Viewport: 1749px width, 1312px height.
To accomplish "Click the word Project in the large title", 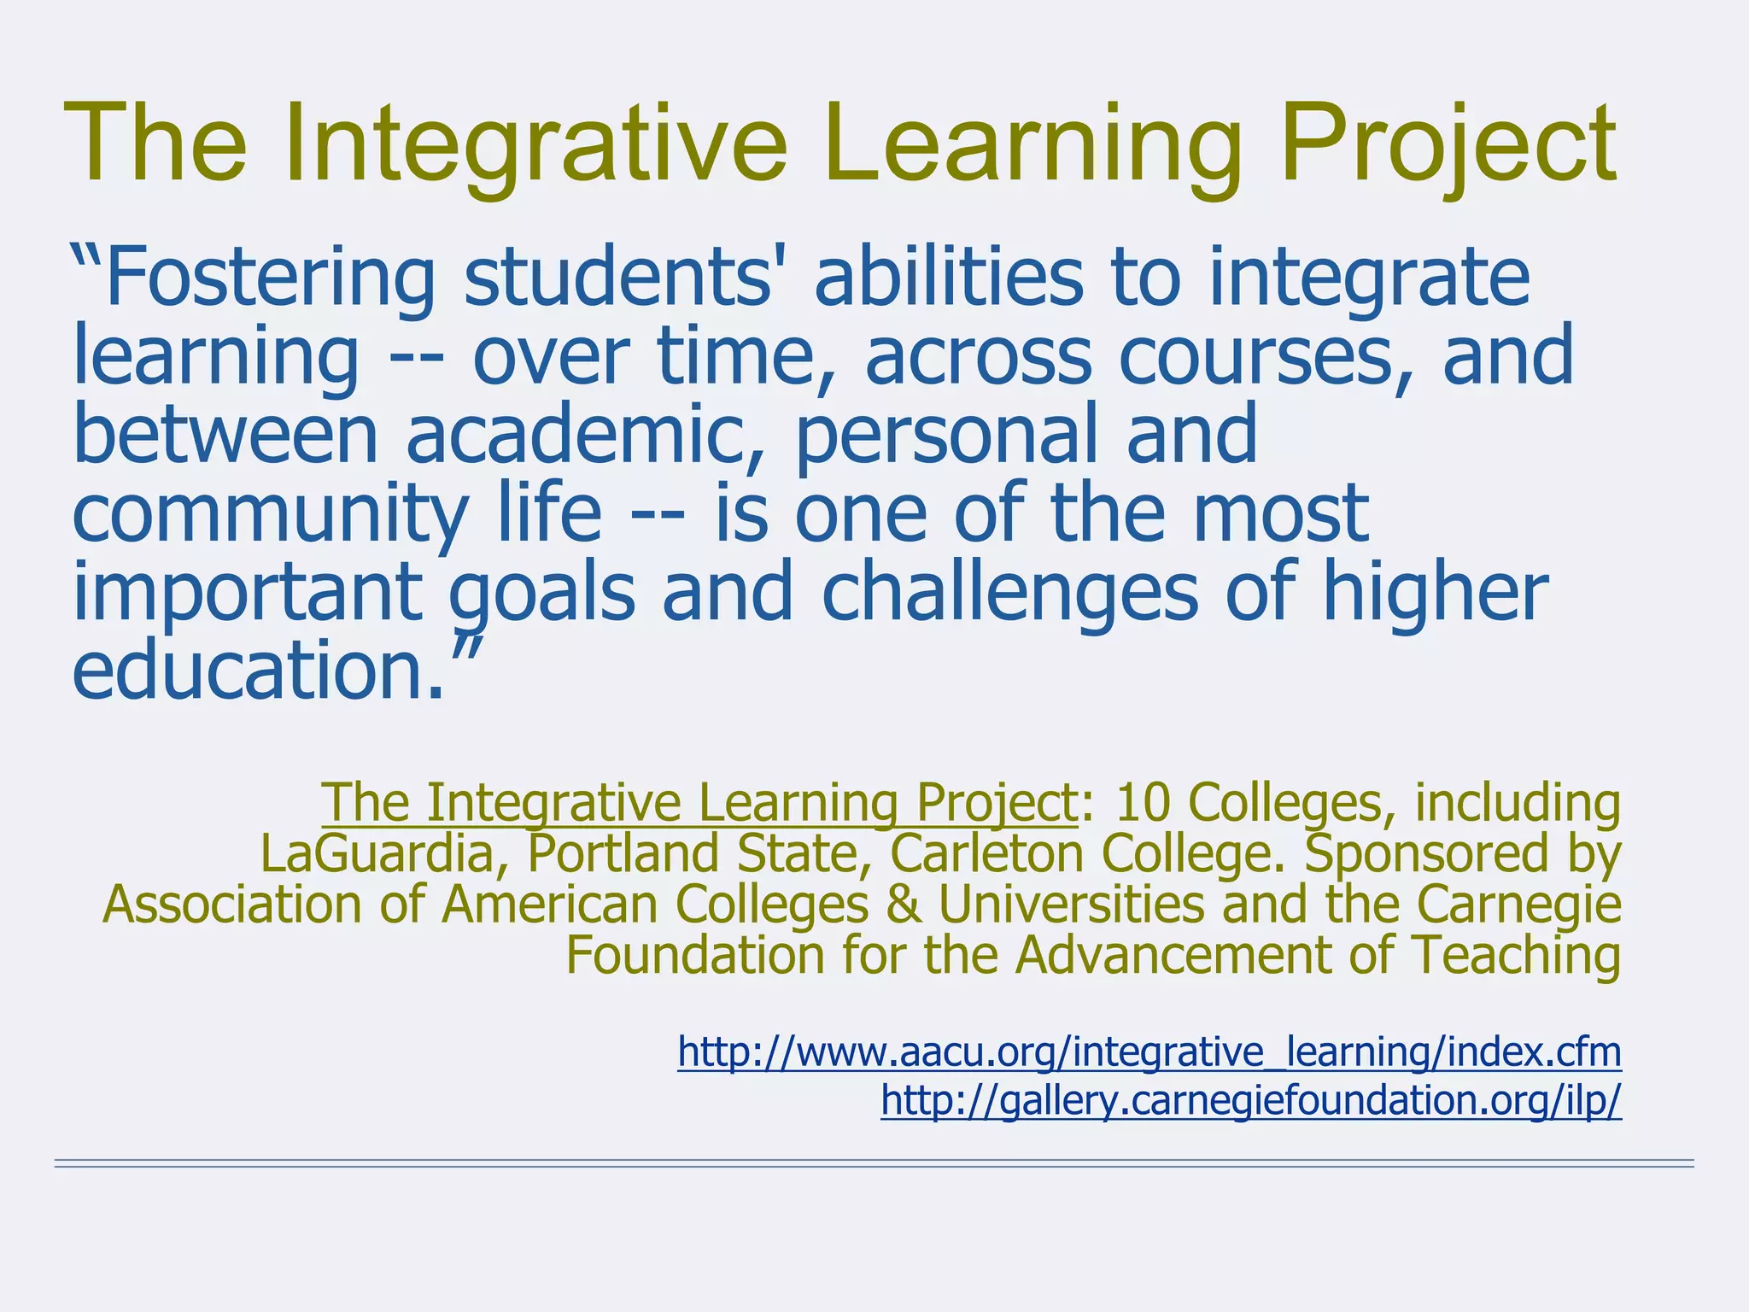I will point(1447,143).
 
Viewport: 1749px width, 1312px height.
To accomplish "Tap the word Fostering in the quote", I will point(269,278).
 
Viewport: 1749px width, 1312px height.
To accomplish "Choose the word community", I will point(269,512).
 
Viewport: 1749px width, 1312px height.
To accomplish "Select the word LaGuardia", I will point(377,853).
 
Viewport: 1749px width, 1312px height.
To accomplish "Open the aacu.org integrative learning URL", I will point(1149,1051).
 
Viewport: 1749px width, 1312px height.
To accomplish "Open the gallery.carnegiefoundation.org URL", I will point(1250,1101).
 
